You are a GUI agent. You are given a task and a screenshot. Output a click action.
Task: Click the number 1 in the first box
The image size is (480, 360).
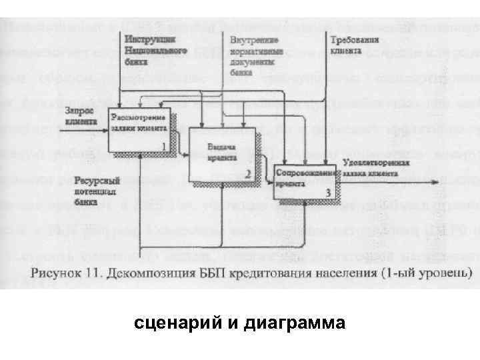pos(164,146)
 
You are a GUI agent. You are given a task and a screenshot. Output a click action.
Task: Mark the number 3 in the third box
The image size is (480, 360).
pos(327,192)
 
